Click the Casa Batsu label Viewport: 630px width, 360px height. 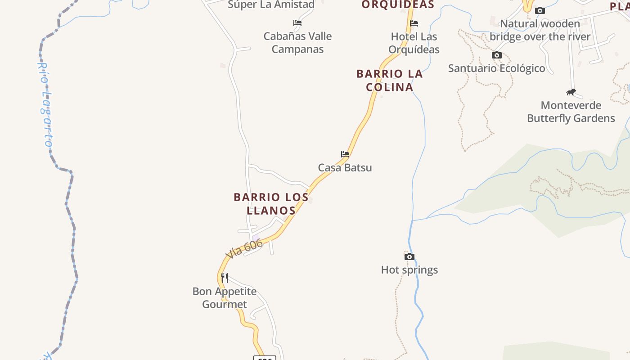tap(345, 167)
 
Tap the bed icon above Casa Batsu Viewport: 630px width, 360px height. tap(345, 154)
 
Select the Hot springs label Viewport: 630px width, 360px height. tap(409, 270)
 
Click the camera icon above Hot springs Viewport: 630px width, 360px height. tap(409, 256)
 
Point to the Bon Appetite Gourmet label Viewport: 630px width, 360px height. tap(225, 297)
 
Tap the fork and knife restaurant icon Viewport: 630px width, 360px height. tap(225, 278)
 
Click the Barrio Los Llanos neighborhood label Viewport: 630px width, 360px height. tap(271, 203)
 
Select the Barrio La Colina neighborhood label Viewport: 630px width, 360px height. tap(390, 80)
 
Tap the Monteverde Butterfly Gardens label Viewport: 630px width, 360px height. tap(571, 112)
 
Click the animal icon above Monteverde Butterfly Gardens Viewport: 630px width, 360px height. tap(571, 92)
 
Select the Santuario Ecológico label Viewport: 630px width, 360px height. tap(496, 68)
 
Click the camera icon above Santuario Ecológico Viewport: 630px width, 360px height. tap(497, 55)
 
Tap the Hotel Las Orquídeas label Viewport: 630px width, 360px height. tap(414, 43)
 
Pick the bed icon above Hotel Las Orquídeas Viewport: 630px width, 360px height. tap(414, 23)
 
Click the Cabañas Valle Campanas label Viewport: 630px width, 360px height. tap(297, 42)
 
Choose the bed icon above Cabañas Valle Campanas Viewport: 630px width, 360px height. tap(297, 22)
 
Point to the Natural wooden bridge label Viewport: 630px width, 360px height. tap(540, 30)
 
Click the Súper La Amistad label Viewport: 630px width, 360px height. tap(271, 4)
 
